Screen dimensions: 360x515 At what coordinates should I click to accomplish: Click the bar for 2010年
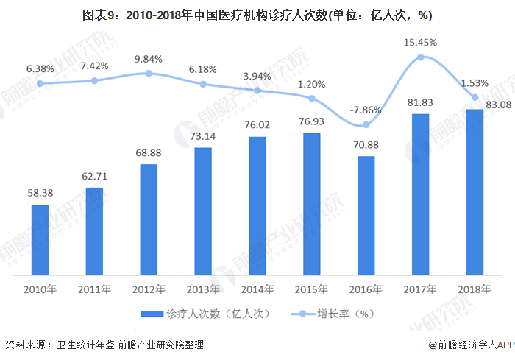[x=40, y=239]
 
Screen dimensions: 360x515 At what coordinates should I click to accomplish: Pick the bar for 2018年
[x=475, y=191]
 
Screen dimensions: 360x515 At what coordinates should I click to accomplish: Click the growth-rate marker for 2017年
[x=420, y=57]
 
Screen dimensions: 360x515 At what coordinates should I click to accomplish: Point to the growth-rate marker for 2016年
[x=366, y=125]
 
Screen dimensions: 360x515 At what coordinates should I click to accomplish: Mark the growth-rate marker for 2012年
[x=149, y=73]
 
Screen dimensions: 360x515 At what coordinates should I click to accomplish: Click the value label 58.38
[x=40, y=194]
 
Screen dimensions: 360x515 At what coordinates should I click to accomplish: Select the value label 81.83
[x=420, y=103]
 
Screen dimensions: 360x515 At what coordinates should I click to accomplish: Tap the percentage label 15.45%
[x=420, y=43]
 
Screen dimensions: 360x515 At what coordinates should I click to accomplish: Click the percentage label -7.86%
[x=366, y=110]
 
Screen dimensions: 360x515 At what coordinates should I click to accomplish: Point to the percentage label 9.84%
[x=149, y=59]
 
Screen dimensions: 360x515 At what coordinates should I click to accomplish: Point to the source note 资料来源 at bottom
[x=104, y=345]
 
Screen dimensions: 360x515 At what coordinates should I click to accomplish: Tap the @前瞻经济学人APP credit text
[x=469, y=345]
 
